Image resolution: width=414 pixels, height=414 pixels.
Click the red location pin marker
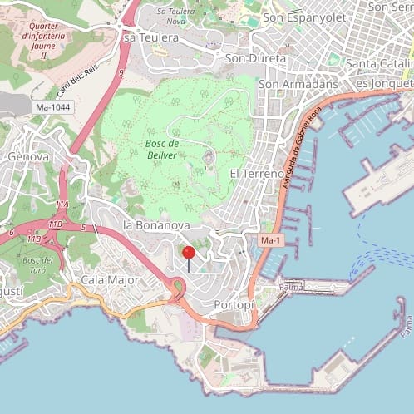click(189, 253)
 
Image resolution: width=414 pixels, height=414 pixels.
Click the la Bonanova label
click(156, 225)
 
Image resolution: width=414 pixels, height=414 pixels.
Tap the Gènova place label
click(28, 156)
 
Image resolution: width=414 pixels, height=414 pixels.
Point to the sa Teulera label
click(151, 38)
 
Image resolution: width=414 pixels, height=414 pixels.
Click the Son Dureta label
click(255, 59)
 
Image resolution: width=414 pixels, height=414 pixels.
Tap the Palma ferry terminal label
click(291, 287)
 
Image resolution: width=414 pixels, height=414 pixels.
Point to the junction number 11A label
click(62, 203)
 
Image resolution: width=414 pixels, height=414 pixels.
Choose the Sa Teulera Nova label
click(183, 16)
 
